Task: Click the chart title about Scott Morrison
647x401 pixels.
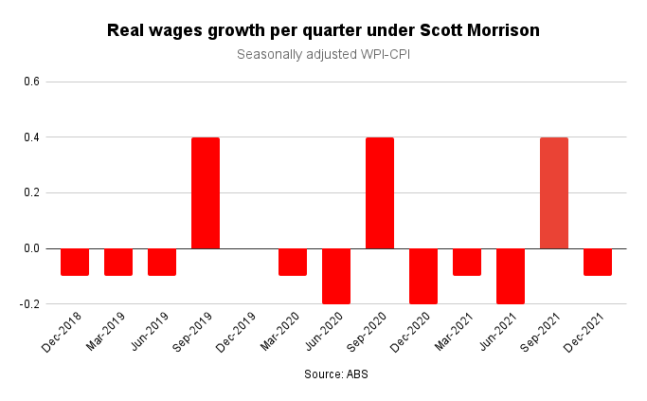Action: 323,30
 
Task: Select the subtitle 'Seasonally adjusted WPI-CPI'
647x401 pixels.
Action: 323,55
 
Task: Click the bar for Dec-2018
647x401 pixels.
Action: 75,262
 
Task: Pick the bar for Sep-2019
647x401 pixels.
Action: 206,193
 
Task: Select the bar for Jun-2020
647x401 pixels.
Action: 336,276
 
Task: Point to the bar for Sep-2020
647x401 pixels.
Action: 380,193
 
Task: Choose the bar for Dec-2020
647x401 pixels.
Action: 423,276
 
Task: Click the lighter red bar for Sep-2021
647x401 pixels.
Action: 554,193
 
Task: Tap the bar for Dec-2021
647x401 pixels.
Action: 598,262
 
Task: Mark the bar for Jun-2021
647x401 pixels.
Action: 511,276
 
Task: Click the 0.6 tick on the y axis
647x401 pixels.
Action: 31,82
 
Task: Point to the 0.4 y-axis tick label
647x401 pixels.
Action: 31,137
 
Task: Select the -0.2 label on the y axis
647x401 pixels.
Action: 29,304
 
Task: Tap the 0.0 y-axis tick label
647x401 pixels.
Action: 31,248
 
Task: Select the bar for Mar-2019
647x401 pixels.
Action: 118,262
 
